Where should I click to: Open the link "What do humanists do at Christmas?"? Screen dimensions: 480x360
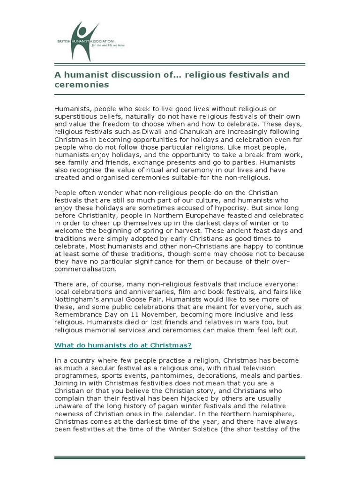(x=123, y=345)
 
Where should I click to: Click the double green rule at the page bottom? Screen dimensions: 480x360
(x=180, y=457)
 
